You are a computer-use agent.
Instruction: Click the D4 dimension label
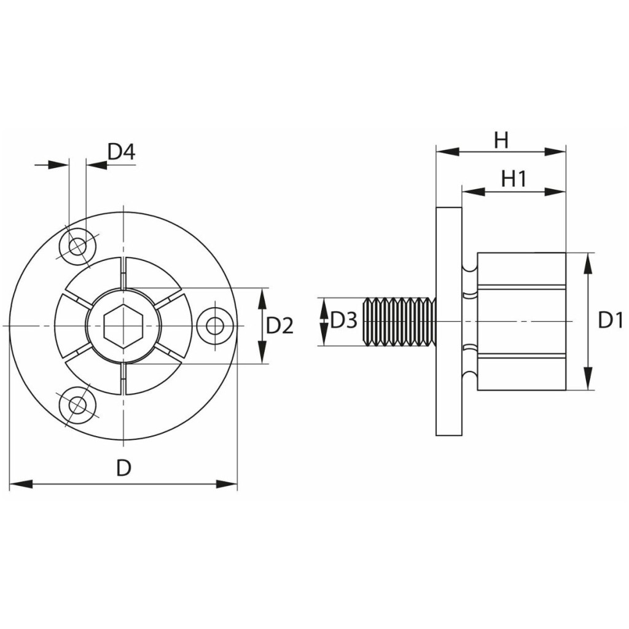(122, 152)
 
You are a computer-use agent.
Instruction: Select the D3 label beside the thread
(343, 321)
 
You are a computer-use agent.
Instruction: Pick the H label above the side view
(501, 141)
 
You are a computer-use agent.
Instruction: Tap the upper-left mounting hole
(77, 246)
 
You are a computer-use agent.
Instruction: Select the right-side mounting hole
(216, 326)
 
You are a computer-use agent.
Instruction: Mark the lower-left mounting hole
(77, 405)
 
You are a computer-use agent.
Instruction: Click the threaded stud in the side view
(399, 322)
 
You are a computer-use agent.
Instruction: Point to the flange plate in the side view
(449, 321)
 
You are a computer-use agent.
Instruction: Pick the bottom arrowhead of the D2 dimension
(262, 352)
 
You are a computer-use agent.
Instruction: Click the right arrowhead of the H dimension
(555, 152)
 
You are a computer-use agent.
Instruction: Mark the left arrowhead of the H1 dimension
(474, 192)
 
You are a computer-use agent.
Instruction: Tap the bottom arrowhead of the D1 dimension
(588, 378)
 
